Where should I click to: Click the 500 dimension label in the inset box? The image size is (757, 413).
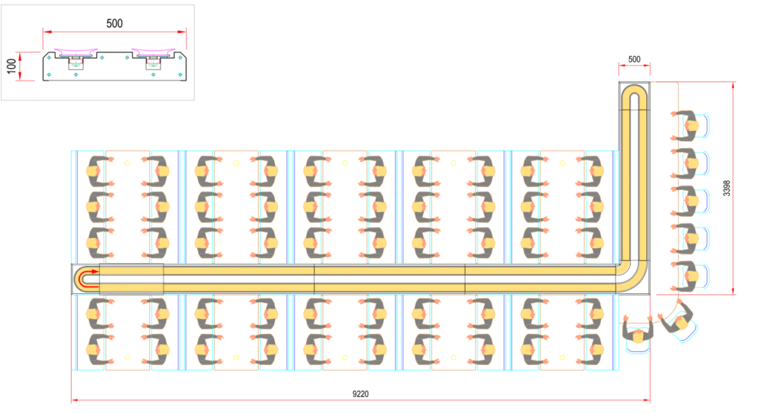[115, 23]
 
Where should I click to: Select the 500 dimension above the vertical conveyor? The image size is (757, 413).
[634, 59]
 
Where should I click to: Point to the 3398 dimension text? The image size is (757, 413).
[727, 188]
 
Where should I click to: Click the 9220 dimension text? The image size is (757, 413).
[360, 395]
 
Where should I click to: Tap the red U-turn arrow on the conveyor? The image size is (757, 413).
[86, 279]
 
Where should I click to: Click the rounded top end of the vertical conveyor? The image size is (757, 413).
[634, 95]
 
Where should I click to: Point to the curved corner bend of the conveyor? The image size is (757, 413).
[630, 276]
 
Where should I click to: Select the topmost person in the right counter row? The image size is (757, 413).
[688, 126]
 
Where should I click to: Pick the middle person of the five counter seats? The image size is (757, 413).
[688, 200]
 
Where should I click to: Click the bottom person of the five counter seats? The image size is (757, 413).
[688, 275]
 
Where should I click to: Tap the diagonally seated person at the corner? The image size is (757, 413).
[679, 321]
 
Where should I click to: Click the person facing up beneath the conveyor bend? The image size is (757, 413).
[637, 331]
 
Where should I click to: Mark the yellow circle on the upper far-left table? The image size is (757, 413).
[127, 162]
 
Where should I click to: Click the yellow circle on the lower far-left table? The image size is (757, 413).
[127, 358]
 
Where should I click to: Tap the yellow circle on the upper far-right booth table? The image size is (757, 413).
[562, 162]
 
